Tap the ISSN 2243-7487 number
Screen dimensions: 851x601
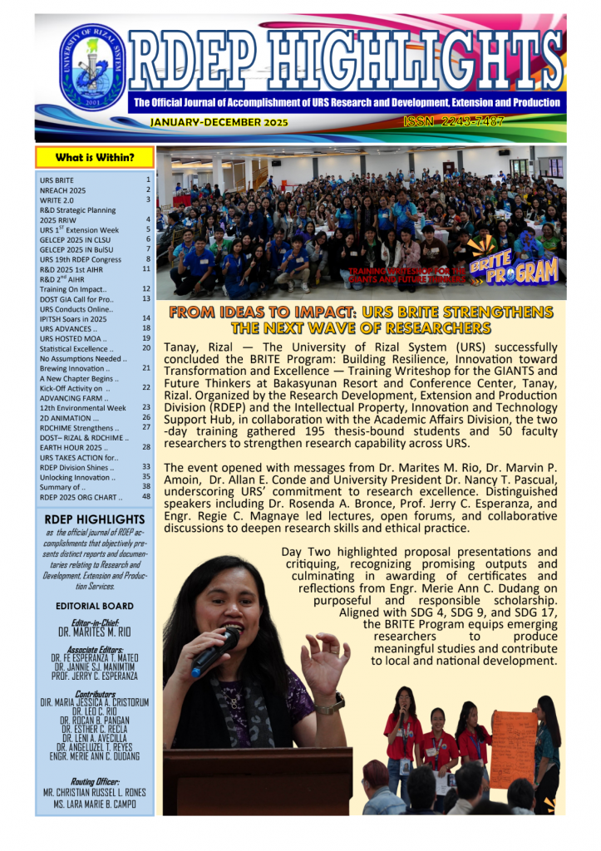(x=466, y=122)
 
